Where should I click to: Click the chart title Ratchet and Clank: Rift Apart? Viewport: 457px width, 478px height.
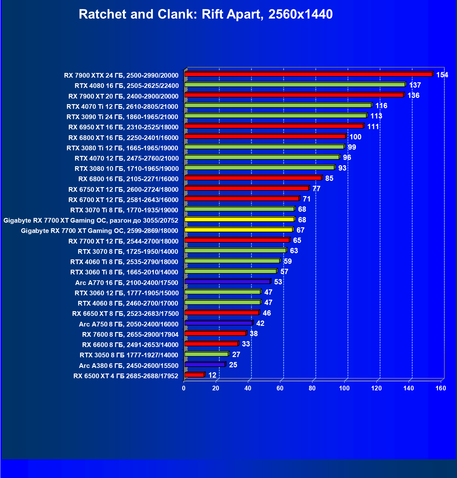205,14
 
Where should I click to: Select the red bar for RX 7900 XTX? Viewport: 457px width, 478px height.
308,74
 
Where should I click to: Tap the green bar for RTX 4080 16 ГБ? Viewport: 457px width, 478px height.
295,84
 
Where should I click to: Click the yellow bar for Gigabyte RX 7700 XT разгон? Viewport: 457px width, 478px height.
239,220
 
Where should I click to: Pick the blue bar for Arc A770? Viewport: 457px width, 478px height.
227,282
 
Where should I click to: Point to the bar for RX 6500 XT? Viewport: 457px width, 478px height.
194,375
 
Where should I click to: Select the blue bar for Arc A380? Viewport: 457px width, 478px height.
205,365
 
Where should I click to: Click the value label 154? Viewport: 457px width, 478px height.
442,75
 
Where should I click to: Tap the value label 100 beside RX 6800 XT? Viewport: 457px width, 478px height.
355,137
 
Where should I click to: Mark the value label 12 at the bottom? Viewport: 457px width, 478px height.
212,375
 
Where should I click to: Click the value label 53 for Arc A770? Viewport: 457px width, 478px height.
278,282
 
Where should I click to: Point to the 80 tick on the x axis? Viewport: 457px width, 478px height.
312,388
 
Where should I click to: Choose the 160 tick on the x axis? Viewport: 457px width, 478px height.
441,388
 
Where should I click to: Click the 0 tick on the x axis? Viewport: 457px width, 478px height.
184,388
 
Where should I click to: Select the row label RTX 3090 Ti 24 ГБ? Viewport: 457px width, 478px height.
122,117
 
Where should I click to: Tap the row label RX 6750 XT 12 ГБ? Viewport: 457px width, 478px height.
123,190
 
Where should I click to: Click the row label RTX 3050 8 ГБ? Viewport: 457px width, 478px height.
129,355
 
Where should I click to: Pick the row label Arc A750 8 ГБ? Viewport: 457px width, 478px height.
129,324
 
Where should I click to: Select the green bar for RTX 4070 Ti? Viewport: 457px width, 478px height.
278,105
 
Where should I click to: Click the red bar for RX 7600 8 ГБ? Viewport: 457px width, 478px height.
215,333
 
